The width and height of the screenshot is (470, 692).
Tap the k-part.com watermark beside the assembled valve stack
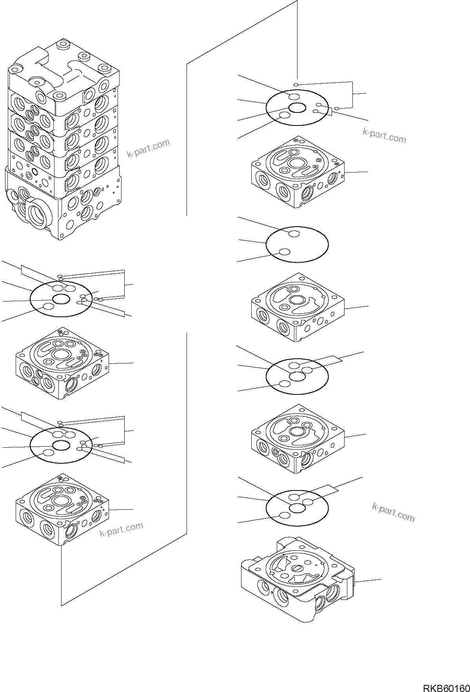149,148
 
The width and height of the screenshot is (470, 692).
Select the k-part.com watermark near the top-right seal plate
384,136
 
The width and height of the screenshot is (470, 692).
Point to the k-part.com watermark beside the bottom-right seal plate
393,512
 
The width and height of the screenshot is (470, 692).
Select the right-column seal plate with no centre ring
297,244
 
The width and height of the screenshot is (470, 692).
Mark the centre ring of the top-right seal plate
298,108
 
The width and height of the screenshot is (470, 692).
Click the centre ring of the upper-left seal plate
62,300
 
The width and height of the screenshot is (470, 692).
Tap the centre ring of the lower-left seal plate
62,445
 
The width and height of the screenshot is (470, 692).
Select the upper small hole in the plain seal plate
294,234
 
